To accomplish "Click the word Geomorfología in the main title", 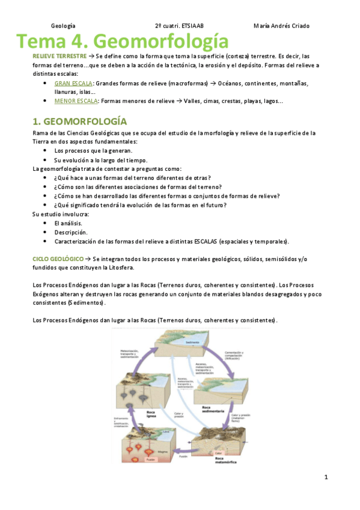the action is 161,41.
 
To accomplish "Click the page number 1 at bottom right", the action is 325,478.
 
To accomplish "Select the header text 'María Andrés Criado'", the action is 282,26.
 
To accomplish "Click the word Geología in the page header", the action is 63,26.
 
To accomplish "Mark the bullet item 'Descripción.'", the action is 71,232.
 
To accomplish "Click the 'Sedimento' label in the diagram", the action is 192,342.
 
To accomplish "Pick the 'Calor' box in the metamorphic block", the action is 219,452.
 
